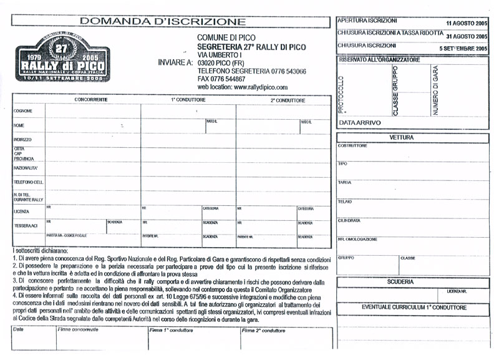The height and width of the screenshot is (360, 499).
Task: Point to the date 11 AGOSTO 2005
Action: (x=467, y=22)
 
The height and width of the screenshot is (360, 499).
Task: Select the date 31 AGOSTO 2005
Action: (x=467, y=36)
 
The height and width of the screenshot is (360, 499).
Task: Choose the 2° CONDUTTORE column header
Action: (x=288, y=100)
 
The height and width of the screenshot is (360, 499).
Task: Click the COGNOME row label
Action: (x=23, y=112)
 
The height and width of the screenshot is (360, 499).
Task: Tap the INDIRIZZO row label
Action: (x=23, y=140)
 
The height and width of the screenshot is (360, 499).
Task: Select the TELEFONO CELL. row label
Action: (x=29, y=182)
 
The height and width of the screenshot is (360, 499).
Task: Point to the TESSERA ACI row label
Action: (x=26, y=225)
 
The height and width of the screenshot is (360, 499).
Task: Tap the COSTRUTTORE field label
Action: (x=352, y=146)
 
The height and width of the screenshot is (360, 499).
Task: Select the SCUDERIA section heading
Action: (x=400, y=282)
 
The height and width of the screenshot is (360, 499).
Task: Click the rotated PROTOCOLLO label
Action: (x=341, y=94)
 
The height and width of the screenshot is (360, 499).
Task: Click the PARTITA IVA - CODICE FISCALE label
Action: (x=67, y=236)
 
